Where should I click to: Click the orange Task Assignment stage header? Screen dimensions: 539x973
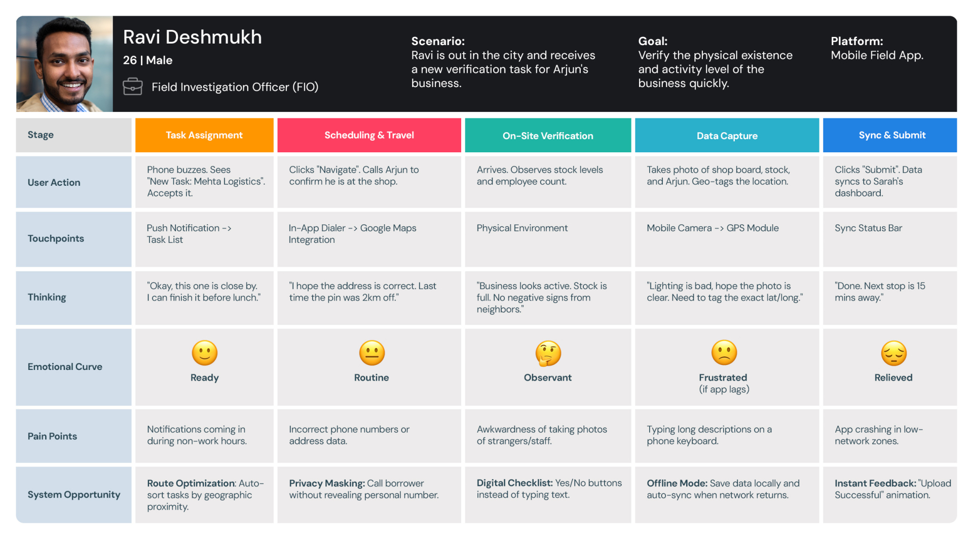(x=204, y=135)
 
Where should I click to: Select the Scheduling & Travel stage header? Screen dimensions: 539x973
(x=369, y=135)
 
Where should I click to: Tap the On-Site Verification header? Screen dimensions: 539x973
(x=548, y=136)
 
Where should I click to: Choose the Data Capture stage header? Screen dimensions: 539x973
(x=727, y=136)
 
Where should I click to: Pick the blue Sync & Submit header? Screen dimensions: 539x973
(x=891, y=135)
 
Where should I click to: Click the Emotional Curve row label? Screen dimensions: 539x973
(x=65, y=367)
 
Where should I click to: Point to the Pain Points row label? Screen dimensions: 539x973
(x=52, y=436)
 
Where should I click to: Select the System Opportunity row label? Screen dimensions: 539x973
(x=74, y=494)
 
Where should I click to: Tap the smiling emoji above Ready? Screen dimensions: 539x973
(x=205, y=353)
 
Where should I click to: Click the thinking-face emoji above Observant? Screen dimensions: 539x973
(x=548, y=353)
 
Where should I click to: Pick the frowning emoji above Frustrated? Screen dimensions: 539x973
(x=724, y=353)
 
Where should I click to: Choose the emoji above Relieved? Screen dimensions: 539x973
(x=893, y=353)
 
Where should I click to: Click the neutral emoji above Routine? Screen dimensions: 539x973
(x=372, y=353)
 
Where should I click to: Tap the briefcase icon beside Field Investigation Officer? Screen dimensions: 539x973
(x=133, y=87)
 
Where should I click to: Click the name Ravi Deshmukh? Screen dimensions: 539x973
(x=193, y=37)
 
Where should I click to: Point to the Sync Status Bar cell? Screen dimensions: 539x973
(x=868, y=228)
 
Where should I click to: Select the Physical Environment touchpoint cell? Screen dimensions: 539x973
(x=522, y=228)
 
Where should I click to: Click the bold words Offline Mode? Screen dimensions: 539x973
(x=677, y=483)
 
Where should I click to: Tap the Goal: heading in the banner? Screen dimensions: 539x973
(x=653, y=42)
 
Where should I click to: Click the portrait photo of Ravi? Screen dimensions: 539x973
(x=64, y=64)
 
